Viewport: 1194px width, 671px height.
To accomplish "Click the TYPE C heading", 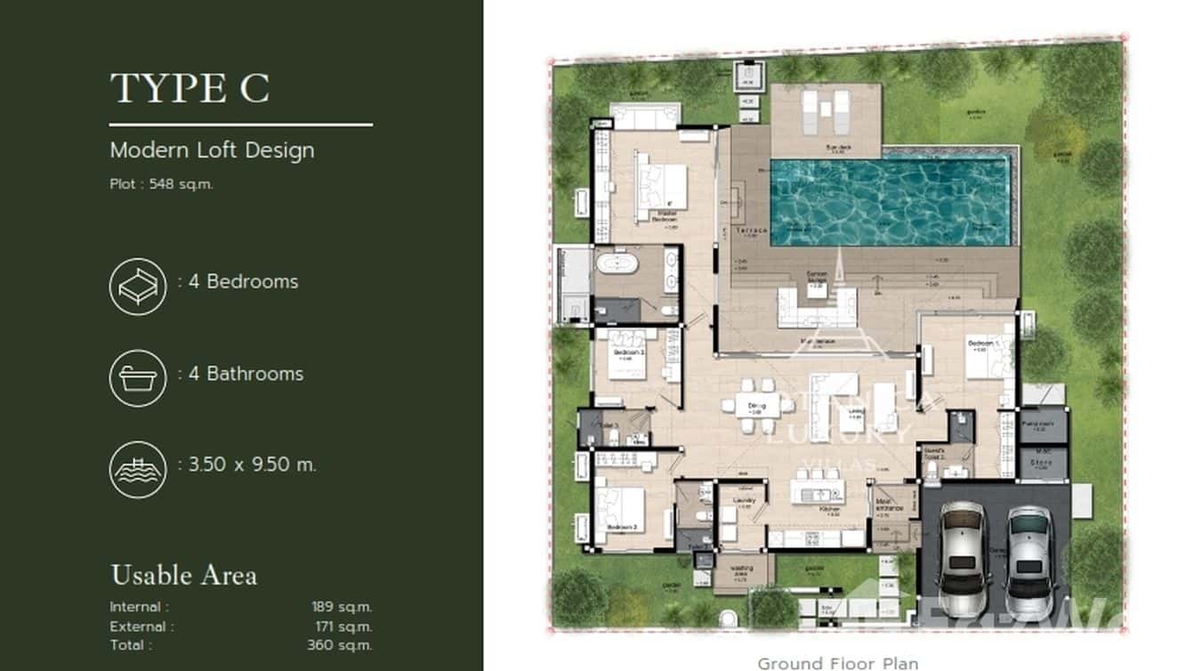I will click(x=190, y=88).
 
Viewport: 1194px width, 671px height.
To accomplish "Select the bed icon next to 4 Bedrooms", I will click(x=138, y=286).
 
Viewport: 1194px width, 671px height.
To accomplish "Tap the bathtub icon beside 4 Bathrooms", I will click(x=138, y=378).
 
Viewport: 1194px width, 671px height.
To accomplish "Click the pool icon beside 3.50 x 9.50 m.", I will click(x=138, y=469).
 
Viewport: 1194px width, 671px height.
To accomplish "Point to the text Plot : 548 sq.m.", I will click(x=161, y=185).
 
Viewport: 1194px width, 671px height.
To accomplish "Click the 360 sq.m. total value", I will click(x=339, y=645).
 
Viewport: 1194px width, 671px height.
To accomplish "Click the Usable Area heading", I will click(x=183, y=575).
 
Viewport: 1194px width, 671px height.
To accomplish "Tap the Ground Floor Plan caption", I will click(x=837, y=662).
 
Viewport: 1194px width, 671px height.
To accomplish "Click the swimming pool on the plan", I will click(x=891, y=202).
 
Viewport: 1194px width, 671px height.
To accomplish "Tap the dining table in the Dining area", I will click(x=756, y=406).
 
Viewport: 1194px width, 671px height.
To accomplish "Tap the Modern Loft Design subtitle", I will click(x=212, y=150).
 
